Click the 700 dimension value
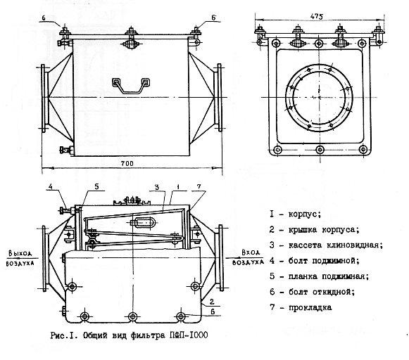[127, 163]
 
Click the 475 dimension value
[317, 16]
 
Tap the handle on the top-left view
[131, 85]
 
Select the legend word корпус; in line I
[305, 214]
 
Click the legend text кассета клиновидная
[336, 245]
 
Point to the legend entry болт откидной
[322, 292]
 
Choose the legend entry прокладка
[310, 308]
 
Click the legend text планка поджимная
[329, 276]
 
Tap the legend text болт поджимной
[324, 260]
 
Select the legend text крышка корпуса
[324, 230]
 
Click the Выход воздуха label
[20, 258]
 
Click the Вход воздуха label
[248, 257]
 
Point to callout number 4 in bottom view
[51, 186]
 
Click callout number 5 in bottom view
[96, 186]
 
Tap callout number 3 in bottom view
[157, 187]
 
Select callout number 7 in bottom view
[199, 186]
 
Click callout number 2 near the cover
[212, 302]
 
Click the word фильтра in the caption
[147, 335]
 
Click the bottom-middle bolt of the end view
[320, 150]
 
